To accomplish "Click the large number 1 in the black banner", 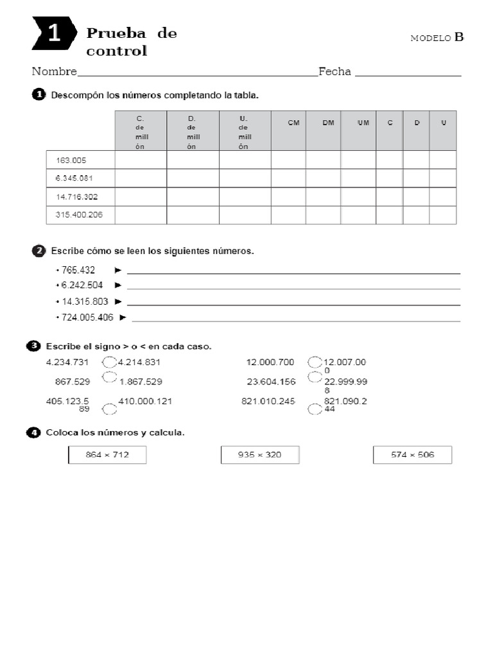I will (54, 34).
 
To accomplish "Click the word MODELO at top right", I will (431, 38).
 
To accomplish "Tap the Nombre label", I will (54, 72).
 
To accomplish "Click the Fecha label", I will (334, 72).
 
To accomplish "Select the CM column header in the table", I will (294, 123).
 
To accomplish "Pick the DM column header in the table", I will (329, 123).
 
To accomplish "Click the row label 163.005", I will (71, 160).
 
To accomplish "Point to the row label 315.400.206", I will (79, 215).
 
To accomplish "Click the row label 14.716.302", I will (77, 196).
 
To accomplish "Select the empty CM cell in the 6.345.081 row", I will (288, 178).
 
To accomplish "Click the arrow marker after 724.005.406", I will (123, 317).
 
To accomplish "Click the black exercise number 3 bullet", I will (33, 346).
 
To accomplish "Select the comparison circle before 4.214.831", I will (109, 363).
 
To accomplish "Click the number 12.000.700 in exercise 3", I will (270, 363).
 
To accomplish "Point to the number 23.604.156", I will (271, 382).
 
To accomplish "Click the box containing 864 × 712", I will (107, 455).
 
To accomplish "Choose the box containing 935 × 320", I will (259, 455).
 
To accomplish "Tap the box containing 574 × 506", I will (412, 455).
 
